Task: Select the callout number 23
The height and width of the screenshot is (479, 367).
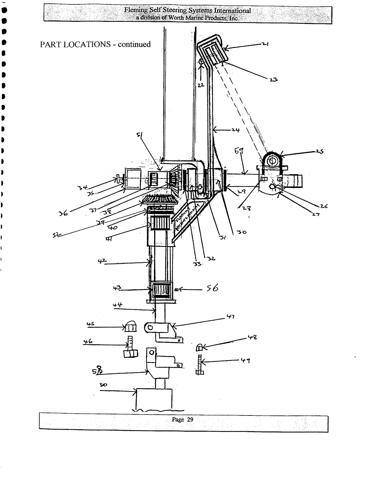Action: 274,80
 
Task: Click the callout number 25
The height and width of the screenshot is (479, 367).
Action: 319,151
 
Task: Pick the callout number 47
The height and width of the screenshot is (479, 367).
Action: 231,317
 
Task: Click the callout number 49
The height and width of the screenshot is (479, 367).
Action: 246,361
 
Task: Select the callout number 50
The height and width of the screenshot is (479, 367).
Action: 103,385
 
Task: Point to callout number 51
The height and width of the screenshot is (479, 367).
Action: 139,135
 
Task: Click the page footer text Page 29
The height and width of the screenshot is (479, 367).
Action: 183,420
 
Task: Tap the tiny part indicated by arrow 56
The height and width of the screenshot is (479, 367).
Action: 177,290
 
